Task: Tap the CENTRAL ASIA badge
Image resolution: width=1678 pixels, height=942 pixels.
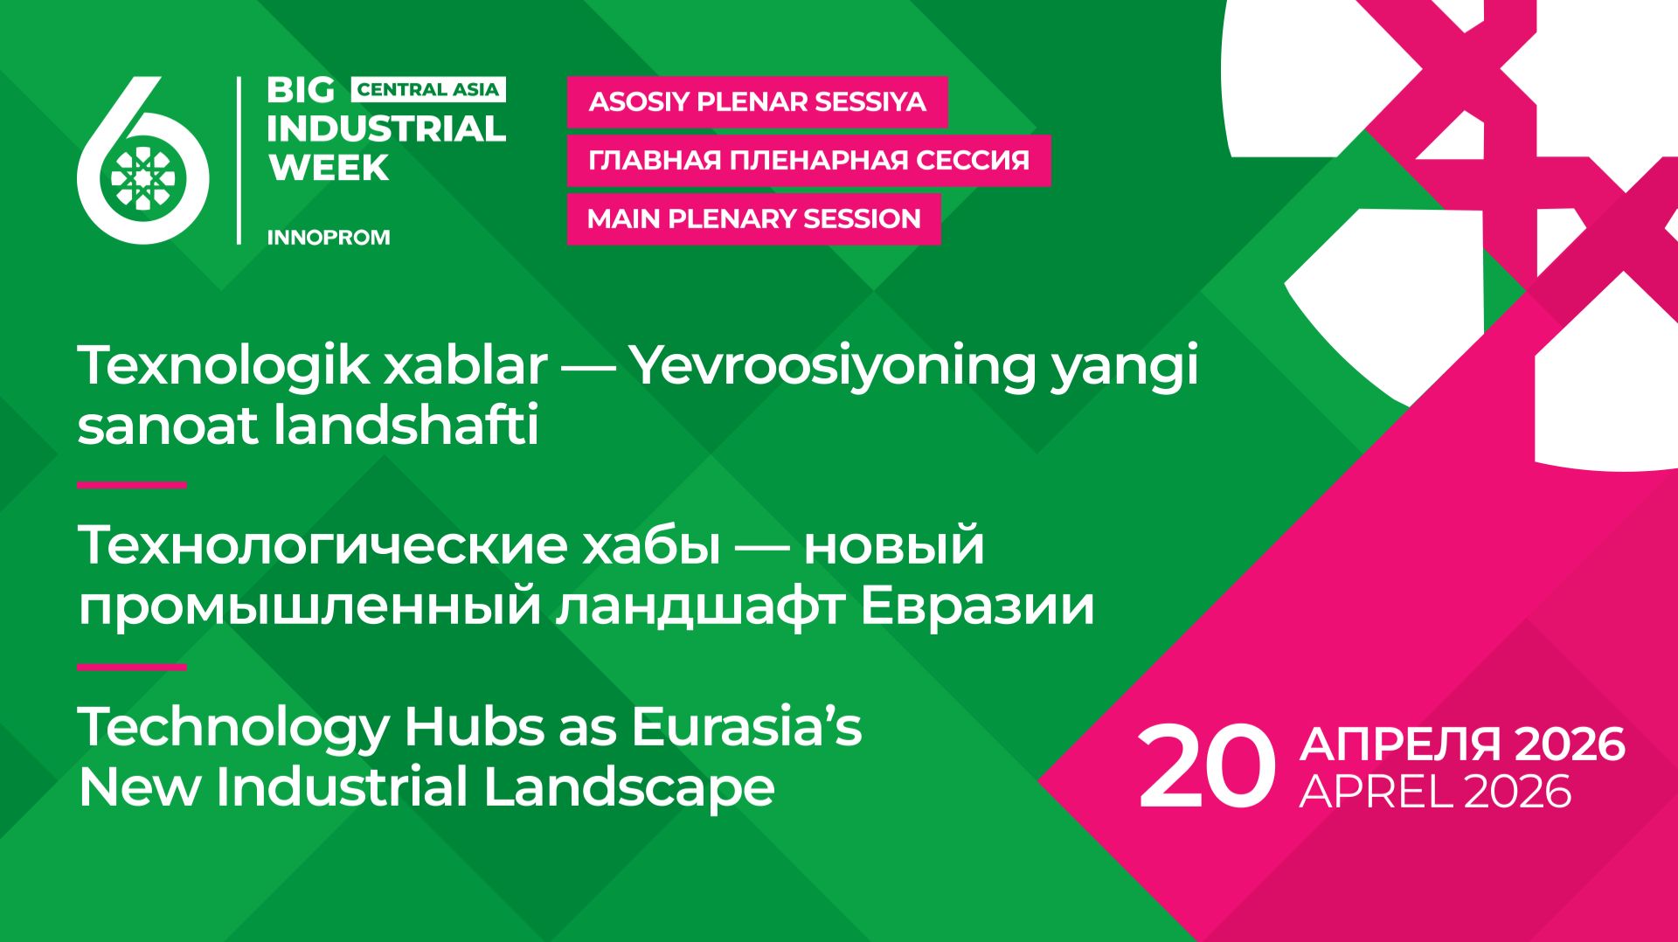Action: click(x=427, y=89)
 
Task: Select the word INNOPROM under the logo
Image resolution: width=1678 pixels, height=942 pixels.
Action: click(x=328, y=238)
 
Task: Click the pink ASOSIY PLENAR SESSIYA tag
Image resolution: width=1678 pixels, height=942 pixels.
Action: click(x=757, y=102)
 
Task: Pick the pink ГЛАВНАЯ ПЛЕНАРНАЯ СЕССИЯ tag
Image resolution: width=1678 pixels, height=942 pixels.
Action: click(x=808, y=161)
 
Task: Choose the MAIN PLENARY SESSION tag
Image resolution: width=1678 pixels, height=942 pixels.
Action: click(x=753, y=218)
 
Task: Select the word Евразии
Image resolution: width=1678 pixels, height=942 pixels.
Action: click(x=977, y=606)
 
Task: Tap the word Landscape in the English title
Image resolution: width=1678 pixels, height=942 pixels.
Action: click(x=629, y=786)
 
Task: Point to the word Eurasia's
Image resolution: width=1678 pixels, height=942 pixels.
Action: click(x=746, y=726)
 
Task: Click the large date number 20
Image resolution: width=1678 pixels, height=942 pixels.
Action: click(x=1206, y=767)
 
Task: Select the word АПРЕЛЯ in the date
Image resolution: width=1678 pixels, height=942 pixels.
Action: click(x=1399, y=745)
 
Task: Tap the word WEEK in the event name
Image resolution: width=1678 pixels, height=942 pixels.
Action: click(x=329, y=167)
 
